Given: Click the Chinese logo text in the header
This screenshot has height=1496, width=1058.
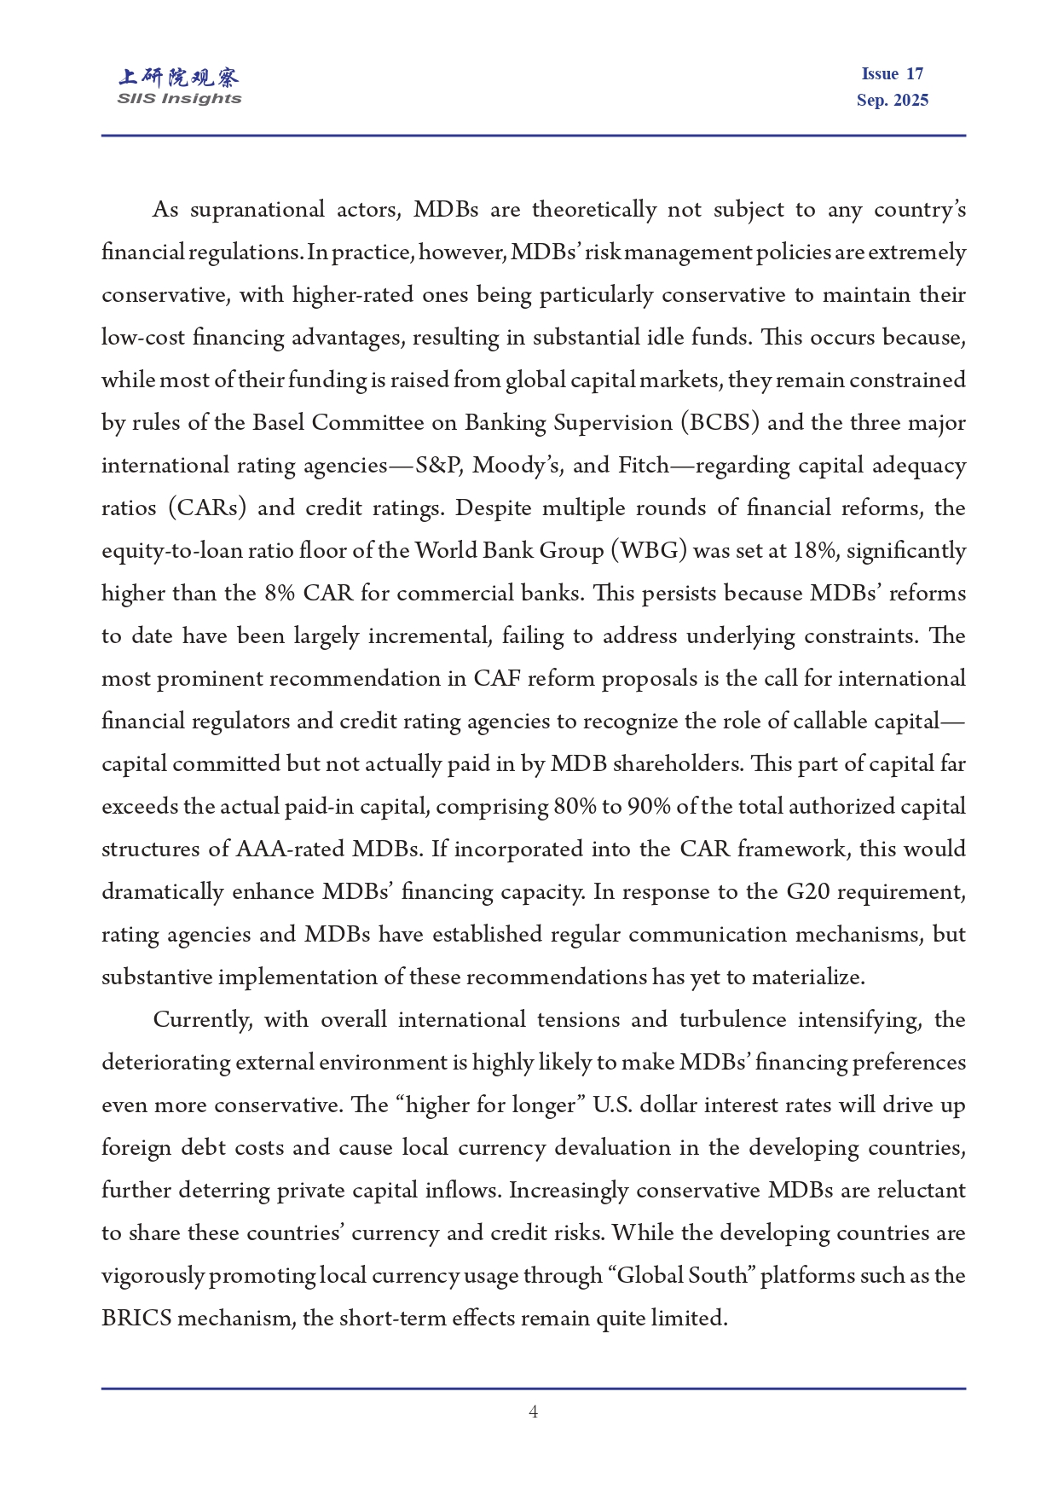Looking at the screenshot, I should coord(179,78).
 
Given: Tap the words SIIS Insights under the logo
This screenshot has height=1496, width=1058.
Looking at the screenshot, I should coord(179,99).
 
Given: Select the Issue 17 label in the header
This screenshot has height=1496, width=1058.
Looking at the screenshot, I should coord(892,74).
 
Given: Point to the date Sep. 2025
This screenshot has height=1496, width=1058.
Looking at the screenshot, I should coord(892,101).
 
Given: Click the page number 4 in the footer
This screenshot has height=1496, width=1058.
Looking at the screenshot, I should coord(533,1412).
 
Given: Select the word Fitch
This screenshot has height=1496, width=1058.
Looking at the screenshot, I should coord(644,466).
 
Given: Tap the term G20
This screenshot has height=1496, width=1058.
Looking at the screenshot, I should coord(807,892).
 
